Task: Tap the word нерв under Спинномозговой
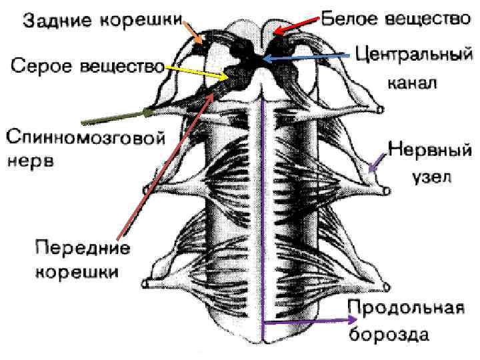[32, 162]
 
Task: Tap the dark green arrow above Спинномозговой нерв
[113, 118]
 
